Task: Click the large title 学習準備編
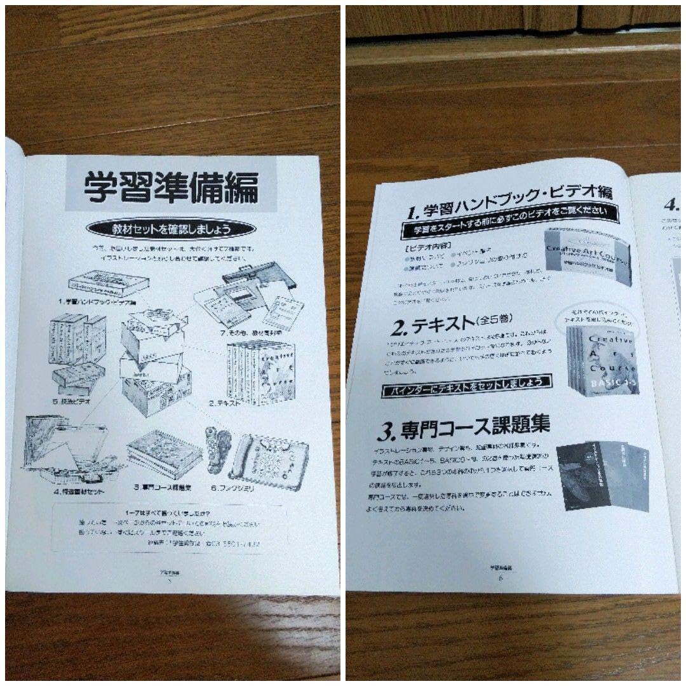coord(171,188)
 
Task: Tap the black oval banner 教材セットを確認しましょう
coord(171,228)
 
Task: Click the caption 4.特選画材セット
coord(79,492)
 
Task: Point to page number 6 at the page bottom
coord(501,577)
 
